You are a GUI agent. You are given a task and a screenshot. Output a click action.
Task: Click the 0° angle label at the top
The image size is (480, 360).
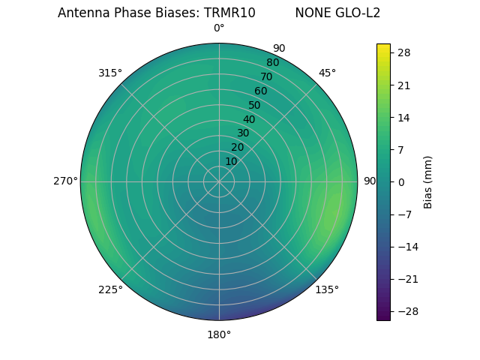click(219, 28)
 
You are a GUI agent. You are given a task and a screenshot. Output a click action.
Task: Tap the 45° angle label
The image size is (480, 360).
click(327, 73)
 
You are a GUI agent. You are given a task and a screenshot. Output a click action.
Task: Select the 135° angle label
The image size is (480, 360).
click(327, 289)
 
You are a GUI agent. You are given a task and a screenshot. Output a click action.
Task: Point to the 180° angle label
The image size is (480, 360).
click(219, 334)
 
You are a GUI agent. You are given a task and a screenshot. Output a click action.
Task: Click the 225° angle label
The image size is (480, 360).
click(110, 290)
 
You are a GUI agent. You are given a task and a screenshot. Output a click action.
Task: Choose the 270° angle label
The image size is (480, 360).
click(65, 181)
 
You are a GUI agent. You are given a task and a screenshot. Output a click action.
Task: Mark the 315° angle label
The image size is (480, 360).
click(110, 73)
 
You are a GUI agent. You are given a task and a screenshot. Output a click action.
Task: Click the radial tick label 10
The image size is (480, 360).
click(231, 161)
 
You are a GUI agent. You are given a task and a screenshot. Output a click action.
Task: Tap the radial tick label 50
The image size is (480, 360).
click(254, 105)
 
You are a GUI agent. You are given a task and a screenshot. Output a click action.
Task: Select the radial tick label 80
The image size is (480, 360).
click(272, 62)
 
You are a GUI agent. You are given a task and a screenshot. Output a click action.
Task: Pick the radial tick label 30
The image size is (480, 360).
click(243, 133)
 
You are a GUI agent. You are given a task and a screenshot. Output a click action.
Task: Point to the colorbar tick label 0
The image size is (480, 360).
click(401, 181)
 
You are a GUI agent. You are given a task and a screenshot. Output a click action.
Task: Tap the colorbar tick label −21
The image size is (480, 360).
click(406, 279)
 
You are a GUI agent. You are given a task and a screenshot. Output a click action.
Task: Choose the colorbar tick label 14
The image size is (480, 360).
click(403, 117)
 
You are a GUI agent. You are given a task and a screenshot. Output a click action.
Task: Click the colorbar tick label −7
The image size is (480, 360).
click(403, 214)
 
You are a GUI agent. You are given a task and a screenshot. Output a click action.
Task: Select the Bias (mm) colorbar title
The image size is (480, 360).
click(428, 181)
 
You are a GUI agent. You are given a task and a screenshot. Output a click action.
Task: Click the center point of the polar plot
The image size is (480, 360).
click(219, 181)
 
